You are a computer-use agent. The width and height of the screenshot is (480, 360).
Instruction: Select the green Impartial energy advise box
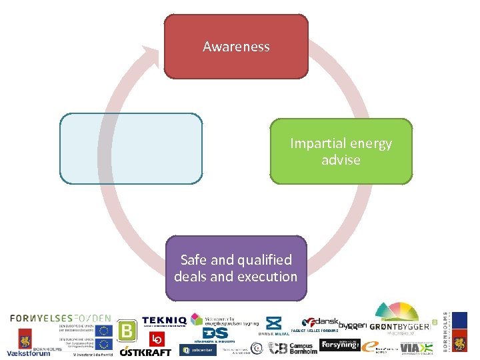coord(341,151)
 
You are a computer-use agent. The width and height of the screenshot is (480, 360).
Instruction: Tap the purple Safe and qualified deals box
coord(236,268)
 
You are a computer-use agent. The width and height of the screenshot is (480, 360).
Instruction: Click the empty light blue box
coord(131,148)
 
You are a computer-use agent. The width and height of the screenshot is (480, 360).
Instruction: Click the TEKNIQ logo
coord(164,321)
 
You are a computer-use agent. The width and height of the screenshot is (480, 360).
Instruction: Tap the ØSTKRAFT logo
coord(145,351)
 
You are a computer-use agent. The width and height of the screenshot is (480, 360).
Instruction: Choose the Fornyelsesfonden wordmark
coord(61,318)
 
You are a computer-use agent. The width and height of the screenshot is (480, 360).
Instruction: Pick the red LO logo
coord(157,338)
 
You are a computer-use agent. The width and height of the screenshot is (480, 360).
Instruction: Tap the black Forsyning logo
coord(339,345)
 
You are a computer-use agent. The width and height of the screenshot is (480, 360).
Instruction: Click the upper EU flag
coord(103,331)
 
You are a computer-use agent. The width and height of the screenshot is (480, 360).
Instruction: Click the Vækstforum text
coord(28,353)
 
